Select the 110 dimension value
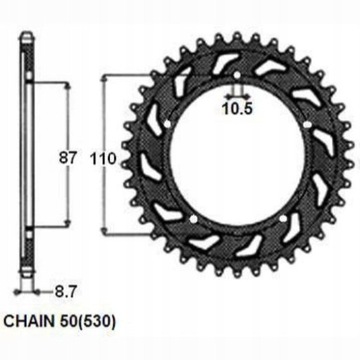(x=120, y=157)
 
